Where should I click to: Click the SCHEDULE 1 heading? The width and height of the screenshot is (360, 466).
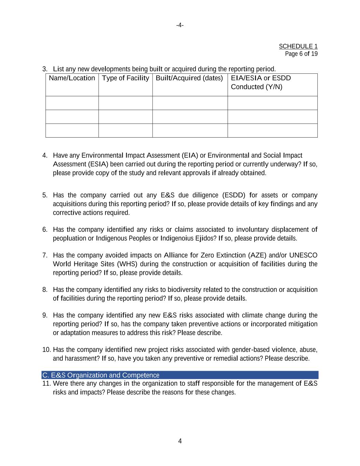(x=298, y=46)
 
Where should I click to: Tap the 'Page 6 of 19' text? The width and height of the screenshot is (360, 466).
(x=301, y=54)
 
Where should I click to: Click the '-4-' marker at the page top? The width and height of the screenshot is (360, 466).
(x=180, y=25)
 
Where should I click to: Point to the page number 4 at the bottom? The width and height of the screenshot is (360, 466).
(x=180, y=441)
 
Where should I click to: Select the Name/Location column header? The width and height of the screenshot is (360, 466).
(x=72, y=78)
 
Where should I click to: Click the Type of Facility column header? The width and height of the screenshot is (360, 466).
(x=126, y=78)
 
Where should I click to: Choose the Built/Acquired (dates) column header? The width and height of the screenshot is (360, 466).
(x=189, y=78)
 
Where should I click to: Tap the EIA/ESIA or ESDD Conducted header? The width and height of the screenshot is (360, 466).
(x=261, y=82)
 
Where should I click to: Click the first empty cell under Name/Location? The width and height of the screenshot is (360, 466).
(x=72, y=103)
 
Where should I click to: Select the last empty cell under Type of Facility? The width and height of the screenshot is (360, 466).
(x=126, y=130)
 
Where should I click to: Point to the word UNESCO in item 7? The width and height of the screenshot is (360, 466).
(x=303, y=255)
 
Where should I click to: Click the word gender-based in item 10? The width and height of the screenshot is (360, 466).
(x=250, y=350)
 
